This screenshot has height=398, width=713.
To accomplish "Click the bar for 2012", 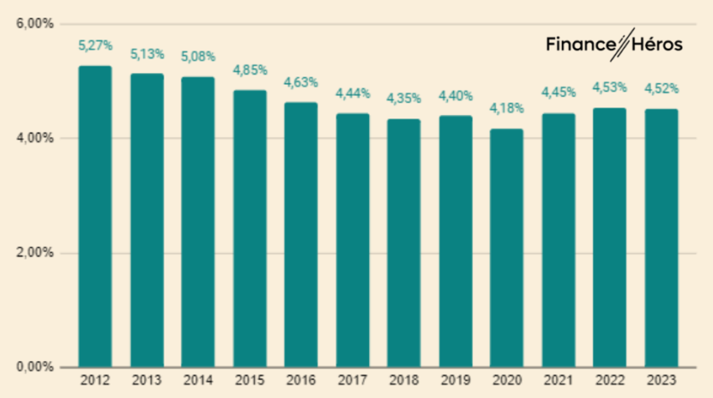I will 95,216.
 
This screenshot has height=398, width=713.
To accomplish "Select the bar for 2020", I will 506,248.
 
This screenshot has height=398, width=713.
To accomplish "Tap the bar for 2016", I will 300,234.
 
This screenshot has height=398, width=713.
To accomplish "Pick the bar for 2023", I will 660,238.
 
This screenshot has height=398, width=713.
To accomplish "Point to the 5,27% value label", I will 95,46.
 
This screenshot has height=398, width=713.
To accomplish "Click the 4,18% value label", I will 506,108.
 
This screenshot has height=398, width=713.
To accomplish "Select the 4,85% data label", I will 249,70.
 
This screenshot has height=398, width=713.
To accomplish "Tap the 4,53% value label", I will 609,87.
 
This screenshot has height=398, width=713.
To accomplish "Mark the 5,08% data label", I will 198,56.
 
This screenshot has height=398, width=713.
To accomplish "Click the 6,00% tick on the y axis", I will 34,24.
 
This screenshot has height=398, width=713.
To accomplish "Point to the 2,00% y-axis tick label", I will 34,253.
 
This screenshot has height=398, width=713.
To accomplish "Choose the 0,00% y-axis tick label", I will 34,367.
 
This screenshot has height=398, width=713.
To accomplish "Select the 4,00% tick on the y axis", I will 34,138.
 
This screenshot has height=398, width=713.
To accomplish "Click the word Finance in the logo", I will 577,44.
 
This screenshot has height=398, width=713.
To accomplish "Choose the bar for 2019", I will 455,241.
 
